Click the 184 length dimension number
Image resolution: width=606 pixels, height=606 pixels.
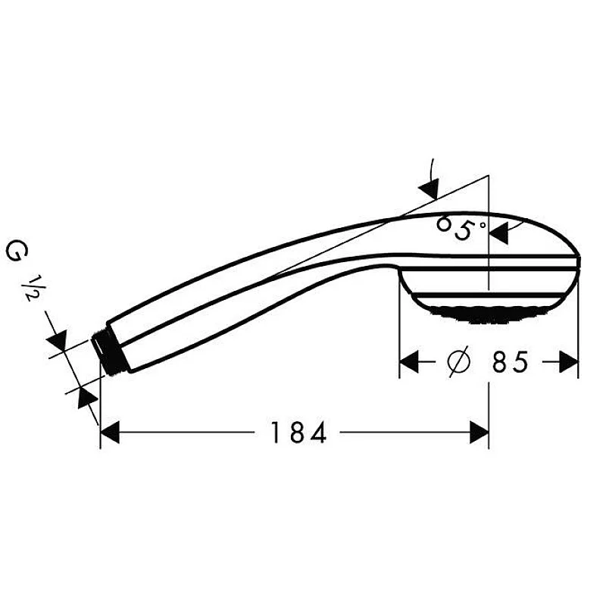coord(298,433)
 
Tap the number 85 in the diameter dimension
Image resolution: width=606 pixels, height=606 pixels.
coord(509,363)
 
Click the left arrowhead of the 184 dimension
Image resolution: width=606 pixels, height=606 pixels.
coord(111,433)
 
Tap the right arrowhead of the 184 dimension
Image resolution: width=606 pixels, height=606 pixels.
coord(479,433)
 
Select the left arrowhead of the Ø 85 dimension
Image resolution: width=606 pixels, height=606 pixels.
coord(409,363)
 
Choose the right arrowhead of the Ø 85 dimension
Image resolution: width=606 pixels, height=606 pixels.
coord(568,363)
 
